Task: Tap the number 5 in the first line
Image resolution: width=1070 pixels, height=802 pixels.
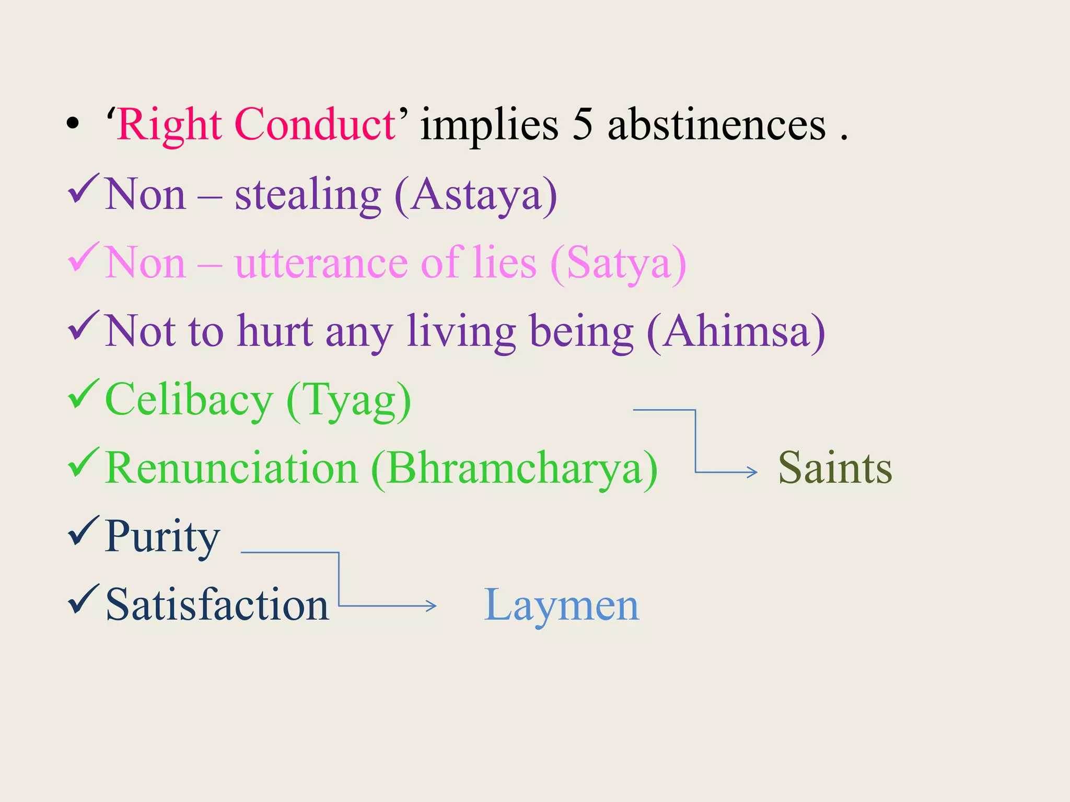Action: [x=583, y=125]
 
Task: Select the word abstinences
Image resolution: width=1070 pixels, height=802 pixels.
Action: [x=717, y=125]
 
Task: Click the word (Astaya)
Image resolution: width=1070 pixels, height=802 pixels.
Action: [x=475, y=195]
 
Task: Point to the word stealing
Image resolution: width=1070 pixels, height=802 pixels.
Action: [x=308, y=195]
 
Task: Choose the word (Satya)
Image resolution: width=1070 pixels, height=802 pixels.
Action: [x=618, y=263]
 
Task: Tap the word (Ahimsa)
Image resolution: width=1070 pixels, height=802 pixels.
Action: [x=736, y=332]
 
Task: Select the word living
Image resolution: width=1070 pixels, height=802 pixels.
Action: [x=461, y=332]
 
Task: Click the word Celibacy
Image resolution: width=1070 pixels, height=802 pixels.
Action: [x=189, y=400]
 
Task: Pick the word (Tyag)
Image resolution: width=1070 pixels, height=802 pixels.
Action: [x=349, y=400]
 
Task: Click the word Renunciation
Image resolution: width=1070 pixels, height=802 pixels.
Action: [x=231, y=468]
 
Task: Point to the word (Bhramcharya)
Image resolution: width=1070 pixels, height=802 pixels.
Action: [x=515, y=468]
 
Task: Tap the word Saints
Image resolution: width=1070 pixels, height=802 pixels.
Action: [x=835, y=468]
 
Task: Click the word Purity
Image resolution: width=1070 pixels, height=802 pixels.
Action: [x=162, y=536]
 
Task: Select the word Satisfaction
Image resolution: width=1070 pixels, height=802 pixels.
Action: [x=217, y=605]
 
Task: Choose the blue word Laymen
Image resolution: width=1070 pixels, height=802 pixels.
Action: [x=561, y=605]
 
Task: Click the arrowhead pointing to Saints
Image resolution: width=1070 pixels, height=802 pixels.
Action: [x=753, y=472]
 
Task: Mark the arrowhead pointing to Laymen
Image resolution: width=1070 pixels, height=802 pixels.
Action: [x=432, y=606]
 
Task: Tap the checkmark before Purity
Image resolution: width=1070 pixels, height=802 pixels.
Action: [x=83, y=531]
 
